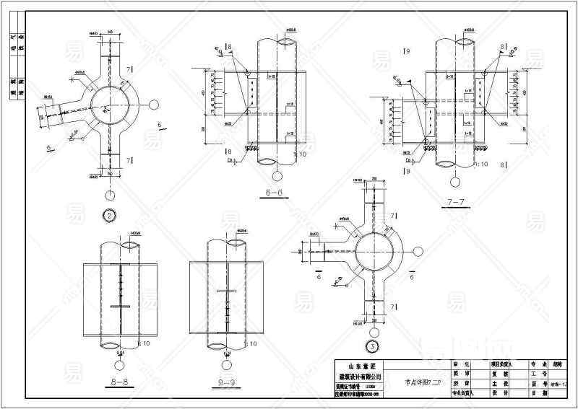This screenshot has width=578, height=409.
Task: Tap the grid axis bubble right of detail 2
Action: pos(154,104)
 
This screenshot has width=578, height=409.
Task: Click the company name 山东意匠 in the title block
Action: pos(361,366)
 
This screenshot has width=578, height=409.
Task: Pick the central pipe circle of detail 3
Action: pos(374,252)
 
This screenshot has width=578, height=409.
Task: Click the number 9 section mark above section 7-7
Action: pos(408,52)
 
